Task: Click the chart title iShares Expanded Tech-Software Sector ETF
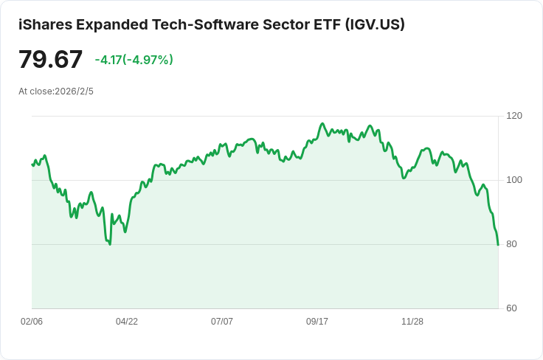177,24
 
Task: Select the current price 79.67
51,59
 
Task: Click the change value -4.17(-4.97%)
134,60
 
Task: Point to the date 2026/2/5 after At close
75,91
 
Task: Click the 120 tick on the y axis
514,116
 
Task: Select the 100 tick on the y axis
514,180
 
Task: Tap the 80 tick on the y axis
511,244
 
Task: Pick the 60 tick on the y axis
511,308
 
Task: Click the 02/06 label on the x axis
32,322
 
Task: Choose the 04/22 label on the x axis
127,322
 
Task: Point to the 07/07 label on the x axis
222,322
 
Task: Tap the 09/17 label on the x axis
317,322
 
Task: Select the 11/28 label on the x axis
412,322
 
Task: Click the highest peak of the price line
322,123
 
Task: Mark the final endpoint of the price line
498,245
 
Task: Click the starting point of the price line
32,165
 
